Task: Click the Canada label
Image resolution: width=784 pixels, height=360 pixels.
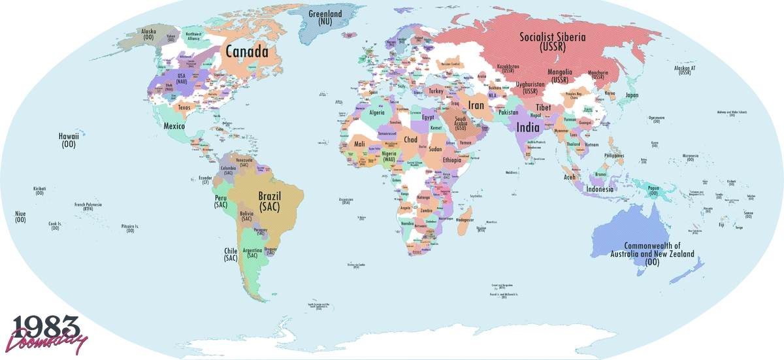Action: tap(247, 51)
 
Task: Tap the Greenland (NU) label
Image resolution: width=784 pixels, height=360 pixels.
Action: tap(325, 17)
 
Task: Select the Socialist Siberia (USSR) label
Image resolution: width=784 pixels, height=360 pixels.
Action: tap(553, 41)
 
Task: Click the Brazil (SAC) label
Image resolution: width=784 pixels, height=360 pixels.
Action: tap(269, 201)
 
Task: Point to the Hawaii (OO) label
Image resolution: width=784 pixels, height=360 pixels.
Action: tap(69, 140)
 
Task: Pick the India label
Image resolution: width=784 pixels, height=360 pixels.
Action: tap(528, 128)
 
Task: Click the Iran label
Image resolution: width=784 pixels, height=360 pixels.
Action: tap(476, 105)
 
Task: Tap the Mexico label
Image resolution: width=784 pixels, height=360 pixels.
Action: tap(174, 125)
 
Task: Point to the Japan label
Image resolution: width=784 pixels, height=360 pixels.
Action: tap(631, 95)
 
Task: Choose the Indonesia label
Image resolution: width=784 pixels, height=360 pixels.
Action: tap(600, 189)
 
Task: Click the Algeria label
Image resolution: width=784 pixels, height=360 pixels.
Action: tap(378, 112)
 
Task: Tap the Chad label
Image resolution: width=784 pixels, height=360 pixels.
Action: tap(410, 140)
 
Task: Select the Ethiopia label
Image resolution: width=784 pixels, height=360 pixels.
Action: tap(451, 160)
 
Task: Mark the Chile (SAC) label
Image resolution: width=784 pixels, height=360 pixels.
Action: tap(231, 254)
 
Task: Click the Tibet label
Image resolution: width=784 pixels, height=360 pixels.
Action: tap(544, 107)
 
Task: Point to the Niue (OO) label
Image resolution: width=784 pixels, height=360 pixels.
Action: tap(20, 216)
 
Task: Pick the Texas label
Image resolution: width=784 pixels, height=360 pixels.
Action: tap(184, 108)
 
